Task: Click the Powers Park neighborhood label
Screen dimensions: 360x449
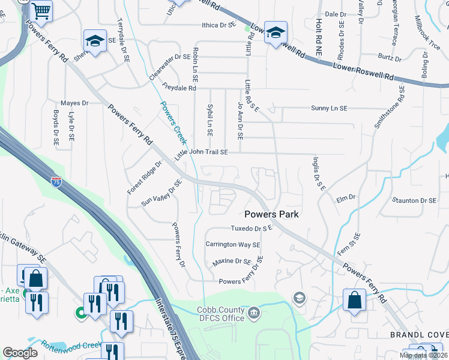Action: click(x=271, y=214)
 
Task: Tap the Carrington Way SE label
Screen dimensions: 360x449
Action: click(x=233, y=245)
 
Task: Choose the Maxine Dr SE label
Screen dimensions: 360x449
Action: click(x=232, y=262)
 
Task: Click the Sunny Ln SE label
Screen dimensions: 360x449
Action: click(x=329, y=109)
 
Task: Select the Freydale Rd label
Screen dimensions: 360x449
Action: click(x=179, y=88)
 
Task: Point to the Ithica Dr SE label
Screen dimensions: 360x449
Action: click(x=217, y=26)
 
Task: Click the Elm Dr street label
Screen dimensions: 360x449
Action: click(x=346, y=197)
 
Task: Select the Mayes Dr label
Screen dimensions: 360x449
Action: click(x=74, y=103)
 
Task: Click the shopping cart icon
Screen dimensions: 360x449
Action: click(x=41, y=10)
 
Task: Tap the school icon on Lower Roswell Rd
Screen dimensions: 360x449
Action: click(x=276, y=32)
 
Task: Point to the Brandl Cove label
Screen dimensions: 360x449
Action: click(x=418, y=334)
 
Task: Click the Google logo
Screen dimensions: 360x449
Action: click(x=20, y=353)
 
